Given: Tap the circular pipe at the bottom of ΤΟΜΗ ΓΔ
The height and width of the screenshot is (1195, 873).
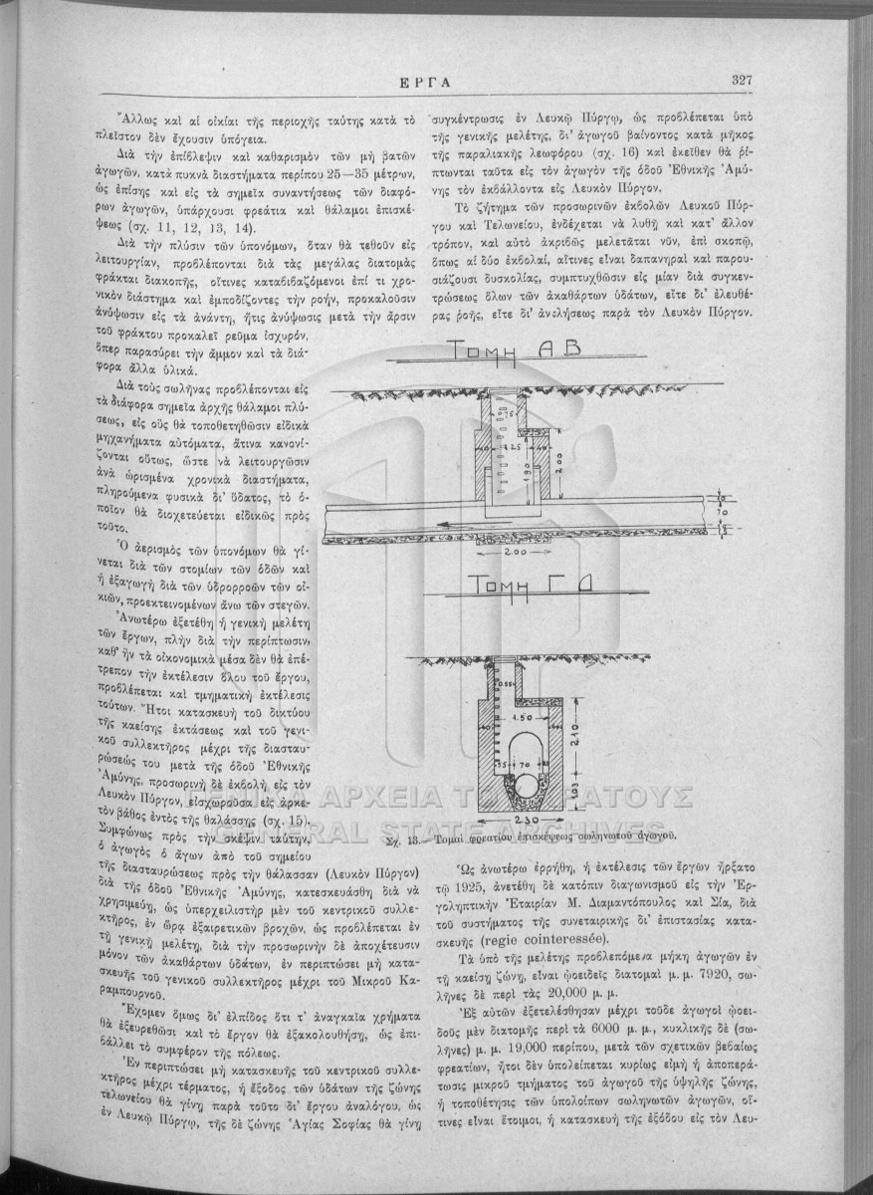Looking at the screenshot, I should (525, 789).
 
